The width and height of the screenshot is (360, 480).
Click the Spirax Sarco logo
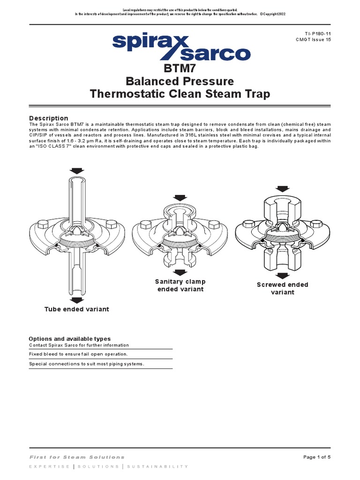point(180,46)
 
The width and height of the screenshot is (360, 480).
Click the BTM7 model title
point(180,68)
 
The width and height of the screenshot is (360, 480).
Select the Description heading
point(48,118)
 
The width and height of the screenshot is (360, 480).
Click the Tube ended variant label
point(76,309)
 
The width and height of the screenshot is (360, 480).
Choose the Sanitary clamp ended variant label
point(180,285)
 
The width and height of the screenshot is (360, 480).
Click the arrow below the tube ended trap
point(76,300)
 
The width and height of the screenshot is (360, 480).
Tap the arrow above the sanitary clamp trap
point(180,197)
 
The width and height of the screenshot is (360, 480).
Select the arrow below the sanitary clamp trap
point(180,272)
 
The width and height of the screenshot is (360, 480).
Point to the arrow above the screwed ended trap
point(282,188)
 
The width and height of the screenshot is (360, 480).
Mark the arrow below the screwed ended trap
point(282,276)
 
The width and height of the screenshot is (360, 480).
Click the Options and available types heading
point(70,338)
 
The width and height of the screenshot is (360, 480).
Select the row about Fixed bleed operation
point(78,354)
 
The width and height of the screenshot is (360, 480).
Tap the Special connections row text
point(87,364)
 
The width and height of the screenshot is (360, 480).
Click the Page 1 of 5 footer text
point(317,457)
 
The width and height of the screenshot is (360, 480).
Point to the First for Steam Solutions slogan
point(77,457)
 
